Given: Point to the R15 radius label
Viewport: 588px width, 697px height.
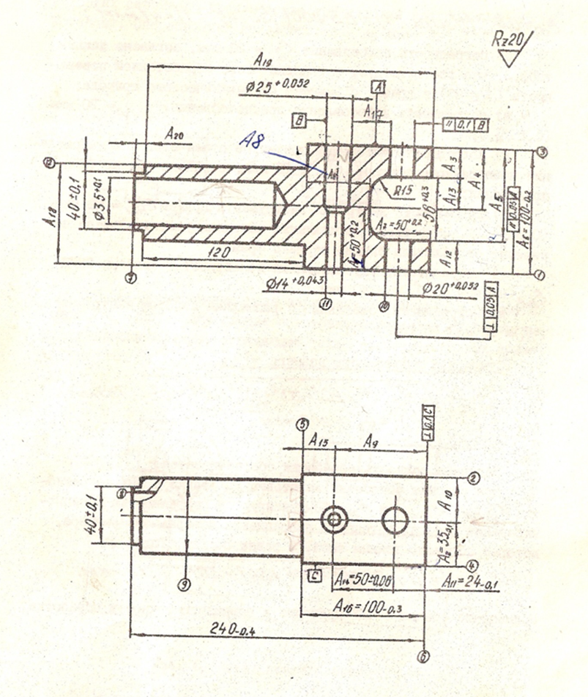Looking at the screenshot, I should pos(401,190).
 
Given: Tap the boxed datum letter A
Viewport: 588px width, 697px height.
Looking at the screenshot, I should pos(379,86).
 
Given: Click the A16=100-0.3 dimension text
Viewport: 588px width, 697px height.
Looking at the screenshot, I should pos(365,605).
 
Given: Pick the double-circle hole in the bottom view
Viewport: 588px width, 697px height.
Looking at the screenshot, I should pos(334,519).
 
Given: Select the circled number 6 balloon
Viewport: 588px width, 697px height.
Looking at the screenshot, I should pos(423,657).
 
